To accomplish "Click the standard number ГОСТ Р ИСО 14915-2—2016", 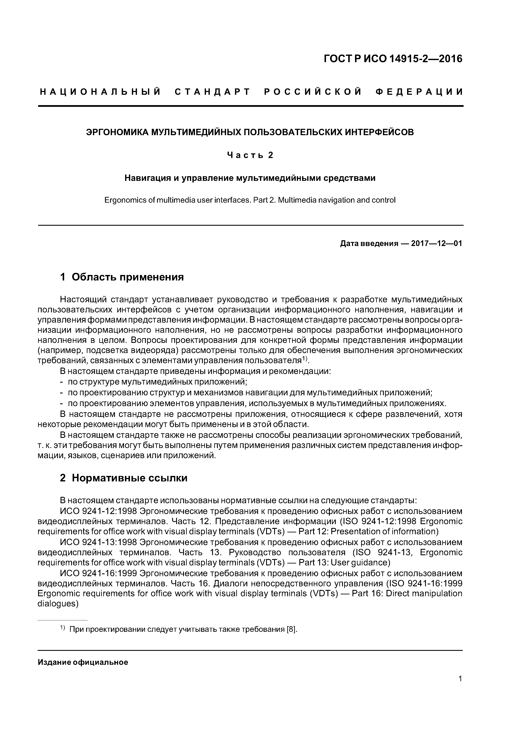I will point(393,59).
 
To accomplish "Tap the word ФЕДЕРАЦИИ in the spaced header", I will point(419,92).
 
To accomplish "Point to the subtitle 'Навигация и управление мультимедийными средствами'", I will point(250,178).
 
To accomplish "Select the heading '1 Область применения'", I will point(122,277).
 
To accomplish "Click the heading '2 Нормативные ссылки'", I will point(124,478).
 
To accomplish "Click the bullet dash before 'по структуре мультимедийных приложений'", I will point(61,382).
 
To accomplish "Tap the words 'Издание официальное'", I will point(83,662).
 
